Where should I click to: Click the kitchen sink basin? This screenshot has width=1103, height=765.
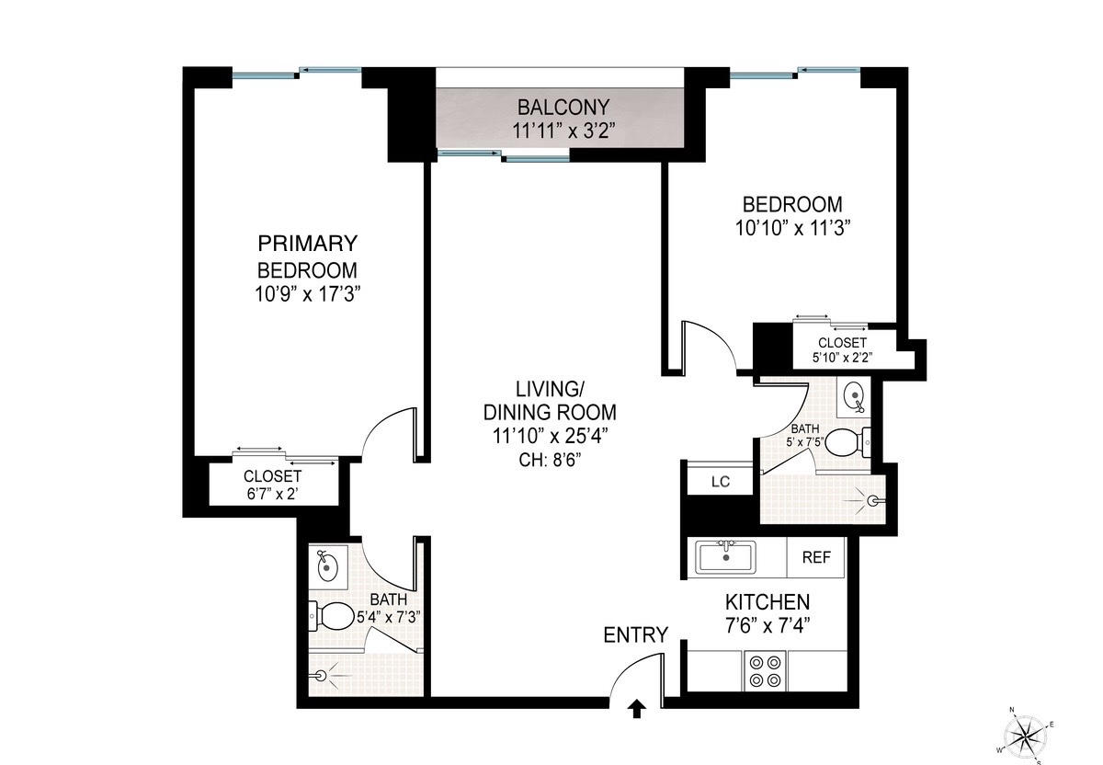tap(726, 556)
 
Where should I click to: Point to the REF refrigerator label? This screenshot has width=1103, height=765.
tap(816, 557)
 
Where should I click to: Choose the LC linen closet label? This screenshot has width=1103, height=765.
tap(721, 481)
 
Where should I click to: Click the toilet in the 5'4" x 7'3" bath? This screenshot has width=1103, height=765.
tap(334, 615)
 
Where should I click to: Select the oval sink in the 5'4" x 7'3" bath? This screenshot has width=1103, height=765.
tap(326, 568)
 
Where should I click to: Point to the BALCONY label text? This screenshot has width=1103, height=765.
tap(562, 106)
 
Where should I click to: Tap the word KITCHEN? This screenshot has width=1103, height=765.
tap(768, 602)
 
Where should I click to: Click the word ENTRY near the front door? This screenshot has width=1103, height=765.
tap(635, 634)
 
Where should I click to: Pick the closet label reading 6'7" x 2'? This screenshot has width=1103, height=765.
tap(272, 494)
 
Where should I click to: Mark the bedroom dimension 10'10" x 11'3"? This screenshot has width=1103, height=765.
tap(791, 228)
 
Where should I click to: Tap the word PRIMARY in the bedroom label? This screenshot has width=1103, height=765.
tap(307, 244)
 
